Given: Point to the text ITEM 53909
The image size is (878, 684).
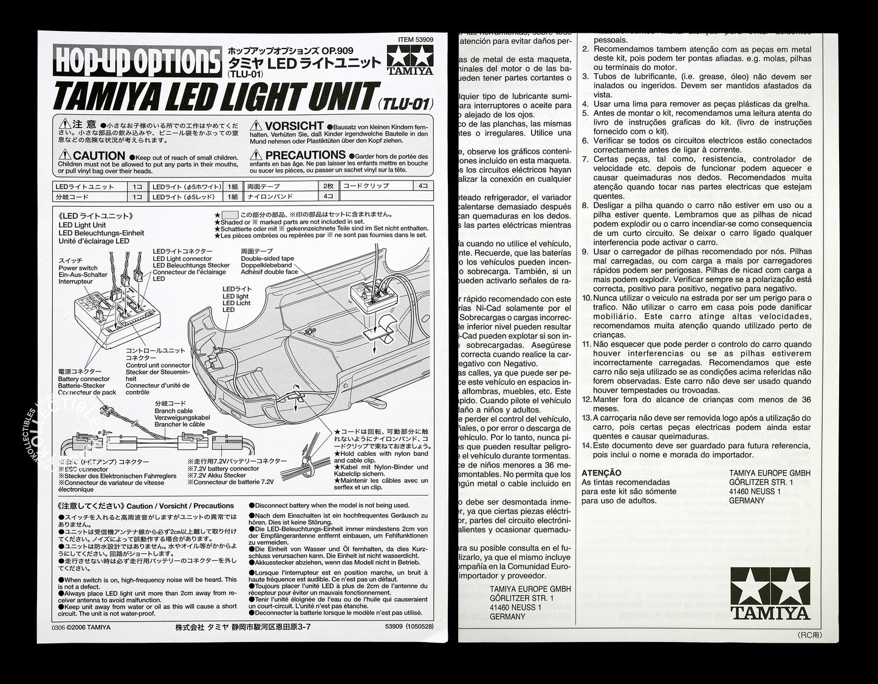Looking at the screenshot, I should point(416,40).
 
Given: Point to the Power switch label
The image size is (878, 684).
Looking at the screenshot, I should point(78,268).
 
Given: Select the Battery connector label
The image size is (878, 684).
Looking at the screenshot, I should point(84,379).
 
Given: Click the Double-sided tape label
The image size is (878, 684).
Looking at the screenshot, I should point(267,258).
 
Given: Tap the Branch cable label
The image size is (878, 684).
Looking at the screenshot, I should point(173,411).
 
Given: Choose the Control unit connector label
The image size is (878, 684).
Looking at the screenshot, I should point(158,365).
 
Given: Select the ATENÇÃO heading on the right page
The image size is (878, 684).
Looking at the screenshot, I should point(601,472).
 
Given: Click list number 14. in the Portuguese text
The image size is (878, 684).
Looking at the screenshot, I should point(586,446).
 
